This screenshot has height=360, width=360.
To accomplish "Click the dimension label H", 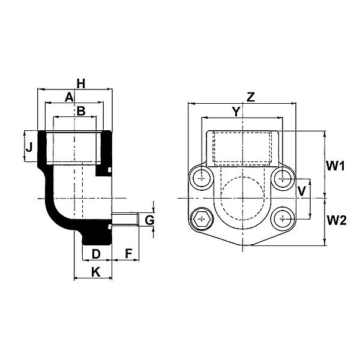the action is [81, 83].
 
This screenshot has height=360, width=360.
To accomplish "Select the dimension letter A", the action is [69, 97].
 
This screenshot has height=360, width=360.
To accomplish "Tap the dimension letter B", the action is [81, 111].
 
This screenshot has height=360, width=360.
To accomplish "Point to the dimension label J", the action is [29, 147].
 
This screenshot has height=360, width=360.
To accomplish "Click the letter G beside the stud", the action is [149, 220].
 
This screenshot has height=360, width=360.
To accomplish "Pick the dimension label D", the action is [96, 254].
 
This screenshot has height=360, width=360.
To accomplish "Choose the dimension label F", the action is [129, 254].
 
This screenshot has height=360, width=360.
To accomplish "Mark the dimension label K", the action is [96, 272].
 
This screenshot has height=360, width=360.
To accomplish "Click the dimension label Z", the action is [251, 97].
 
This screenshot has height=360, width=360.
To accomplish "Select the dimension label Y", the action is [236, 112].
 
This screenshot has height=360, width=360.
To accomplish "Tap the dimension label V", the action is [302, 191].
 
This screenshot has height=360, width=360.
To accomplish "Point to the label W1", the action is [335, 166].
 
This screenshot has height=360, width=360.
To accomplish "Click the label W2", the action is [337, 220].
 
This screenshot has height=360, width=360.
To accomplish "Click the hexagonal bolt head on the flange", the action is [202, 219].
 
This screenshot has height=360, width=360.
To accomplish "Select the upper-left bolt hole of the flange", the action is [202, 178].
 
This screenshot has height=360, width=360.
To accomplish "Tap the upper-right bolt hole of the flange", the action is [283, 178].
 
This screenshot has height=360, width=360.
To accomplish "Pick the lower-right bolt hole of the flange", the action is [283, 219].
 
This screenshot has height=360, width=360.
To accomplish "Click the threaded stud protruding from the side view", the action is [125, 219].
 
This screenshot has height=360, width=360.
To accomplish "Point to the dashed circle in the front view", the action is [242, 199].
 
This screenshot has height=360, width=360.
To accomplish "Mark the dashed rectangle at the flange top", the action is [242, 148].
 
